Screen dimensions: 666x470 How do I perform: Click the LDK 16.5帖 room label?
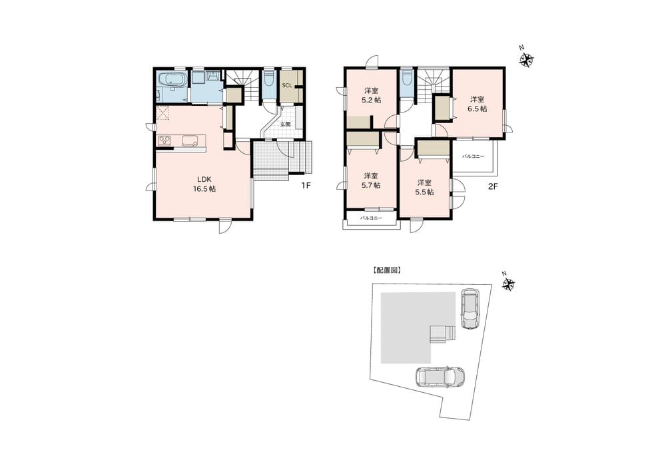[x=204, y=184]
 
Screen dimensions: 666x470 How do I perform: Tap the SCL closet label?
[x=287, y=85]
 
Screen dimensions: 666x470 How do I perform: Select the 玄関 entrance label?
[x=285, y=124]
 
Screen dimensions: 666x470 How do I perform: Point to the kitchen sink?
[x=190, y=140]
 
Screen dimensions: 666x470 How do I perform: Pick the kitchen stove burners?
[x=165, y=140]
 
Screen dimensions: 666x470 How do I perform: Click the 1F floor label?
[x=306, y=186]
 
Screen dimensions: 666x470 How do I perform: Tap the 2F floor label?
[x=492, y=186]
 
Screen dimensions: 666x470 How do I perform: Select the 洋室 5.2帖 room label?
[x=371, y=95]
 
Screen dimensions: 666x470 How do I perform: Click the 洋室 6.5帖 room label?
[x=478, y=104]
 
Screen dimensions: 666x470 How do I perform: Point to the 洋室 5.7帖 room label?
[x=371, y=180]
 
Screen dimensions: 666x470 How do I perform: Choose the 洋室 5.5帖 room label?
[x=424, y=187]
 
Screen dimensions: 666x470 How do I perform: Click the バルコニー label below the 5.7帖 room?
[x=371, y=218]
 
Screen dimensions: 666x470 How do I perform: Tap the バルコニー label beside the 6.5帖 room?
[x=473, y=156]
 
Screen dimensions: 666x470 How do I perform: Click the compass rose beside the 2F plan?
[x=526, y=59]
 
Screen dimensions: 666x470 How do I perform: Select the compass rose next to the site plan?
[x=508, y=283]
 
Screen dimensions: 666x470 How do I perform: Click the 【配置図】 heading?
[x=386, y=270]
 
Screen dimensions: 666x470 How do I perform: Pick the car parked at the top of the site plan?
[x=470, y=309]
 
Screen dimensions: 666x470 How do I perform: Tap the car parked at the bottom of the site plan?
[x=440, y=377]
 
